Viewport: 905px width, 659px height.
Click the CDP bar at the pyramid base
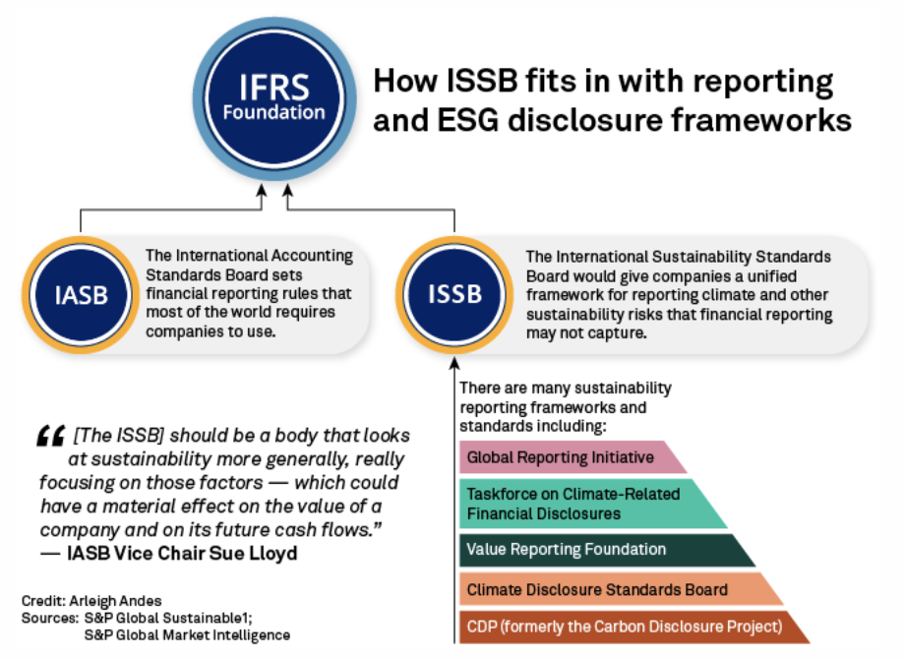[625, 627]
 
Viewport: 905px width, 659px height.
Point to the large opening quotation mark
[51, 435]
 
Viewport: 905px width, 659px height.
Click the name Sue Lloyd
[259, 553]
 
